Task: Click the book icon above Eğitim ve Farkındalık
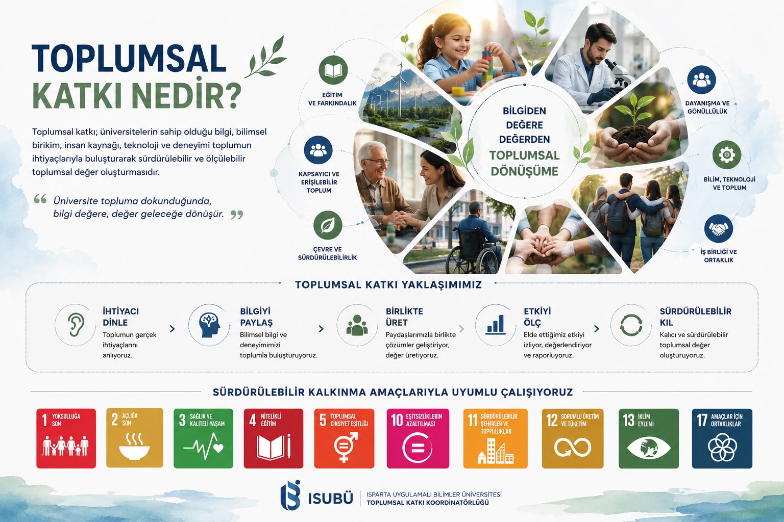[x=333, y=70]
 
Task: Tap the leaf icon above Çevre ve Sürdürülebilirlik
[x=328, y=225]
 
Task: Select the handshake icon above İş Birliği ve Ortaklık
[x=718, y=229]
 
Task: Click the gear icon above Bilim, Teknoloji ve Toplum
[x=727, y=155]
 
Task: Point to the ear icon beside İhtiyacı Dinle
[x=76, y=325]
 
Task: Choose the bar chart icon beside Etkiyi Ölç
[x=496, y=325]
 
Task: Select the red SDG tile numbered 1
[x=66, y=438]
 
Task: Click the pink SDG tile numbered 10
[x=418, y=438]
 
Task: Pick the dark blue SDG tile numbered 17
[x=722, y=438]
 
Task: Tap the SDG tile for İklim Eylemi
[x=649, y=438]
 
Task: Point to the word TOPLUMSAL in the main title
[x=129, y=59]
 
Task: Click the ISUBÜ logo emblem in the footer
[x=290, y=495]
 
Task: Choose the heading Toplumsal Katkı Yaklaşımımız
[x=388, y=284]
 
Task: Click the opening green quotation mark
[x=40, y=199]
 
